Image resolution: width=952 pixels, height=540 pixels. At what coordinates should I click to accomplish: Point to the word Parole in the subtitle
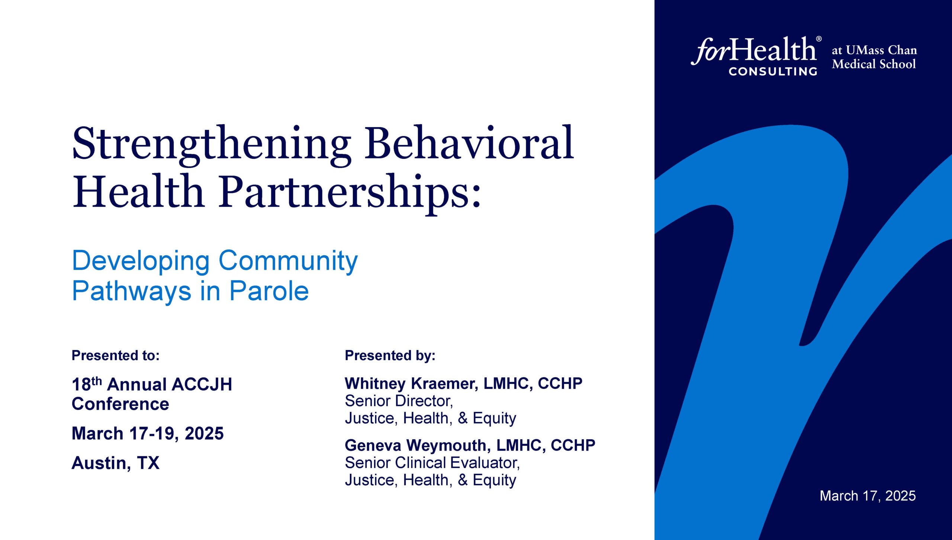[x=269, y=291]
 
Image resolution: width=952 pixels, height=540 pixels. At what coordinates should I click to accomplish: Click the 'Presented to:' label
[x=116, y=356]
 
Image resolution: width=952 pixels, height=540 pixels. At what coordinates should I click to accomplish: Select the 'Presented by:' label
[x=390, y=356]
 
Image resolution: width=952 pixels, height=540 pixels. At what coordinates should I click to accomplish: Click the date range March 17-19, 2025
[x=148, y=433]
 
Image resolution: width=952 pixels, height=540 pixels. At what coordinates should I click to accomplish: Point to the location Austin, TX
[x=116, y=463]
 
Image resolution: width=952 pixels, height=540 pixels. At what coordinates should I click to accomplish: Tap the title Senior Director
[x=399, y=401]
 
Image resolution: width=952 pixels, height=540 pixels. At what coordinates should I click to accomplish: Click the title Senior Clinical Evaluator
[x=432, y=463]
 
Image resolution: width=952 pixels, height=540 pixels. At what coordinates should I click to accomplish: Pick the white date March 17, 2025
[x=868, y=496]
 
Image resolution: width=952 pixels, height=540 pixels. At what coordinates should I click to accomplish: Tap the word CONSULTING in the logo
[x=773, y=71]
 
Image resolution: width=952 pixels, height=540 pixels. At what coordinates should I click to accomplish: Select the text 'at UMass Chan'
[x=874, y=50]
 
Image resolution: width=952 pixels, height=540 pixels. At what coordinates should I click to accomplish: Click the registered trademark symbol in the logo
[x=819, y=39]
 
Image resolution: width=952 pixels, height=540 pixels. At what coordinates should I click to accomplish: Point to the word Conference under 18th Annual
[x=120, y=404]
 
